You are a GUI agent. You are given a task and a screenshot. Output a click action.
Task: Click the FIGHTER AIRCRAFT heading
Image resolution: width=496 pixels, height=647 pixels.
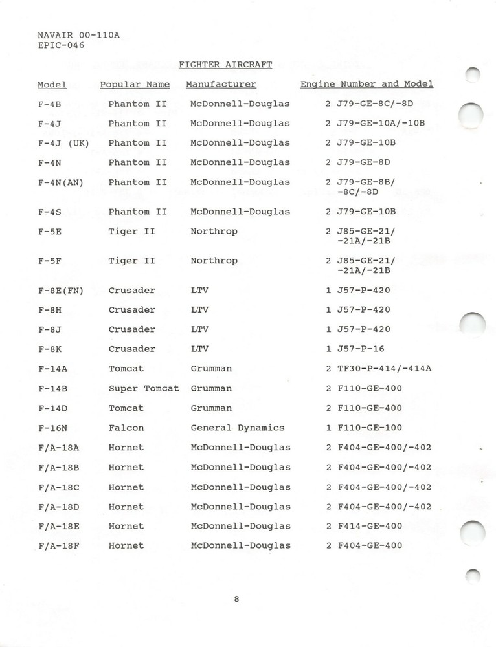click(x=225, y=65)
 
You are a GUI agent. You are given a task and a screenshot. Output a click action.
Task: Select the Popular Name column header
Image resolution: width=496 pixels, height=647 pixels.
click(x=135, y=84)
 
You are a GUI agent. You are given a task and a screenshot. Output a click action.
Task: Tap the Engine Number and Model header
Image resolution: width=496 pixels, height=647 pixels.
click(x=366, y=84)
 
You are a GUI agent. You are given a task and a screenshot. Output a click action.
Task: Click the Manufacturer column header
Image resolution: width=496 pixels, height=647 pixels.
click(x=221, y=84)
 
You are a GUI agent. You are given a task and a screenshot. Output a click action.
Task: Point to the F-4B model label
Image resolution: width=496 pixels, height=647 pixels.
click(x=50, y=104)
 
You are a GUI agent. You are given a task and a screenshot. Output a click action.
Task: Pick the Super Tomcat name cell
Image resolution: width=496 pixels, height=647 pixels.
click(x=143, y=388)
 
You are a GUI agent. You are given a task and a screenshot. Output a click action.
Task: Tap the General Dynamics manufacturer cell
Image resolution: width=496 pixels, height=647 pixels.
click(x=237, y=428)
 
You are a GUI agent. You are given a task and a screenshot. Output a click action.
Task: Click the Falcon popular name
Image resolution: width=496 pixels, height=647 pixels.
click(x=126, y=428)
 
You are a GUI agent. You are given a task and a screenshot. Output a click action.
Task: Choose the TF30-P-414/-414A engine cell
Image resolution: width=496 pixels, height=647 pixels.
click(x=384, y=369)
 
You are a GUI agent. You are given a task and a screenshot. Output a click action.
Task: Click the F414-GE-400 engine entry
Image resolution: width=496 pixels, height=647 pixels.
click(x=369, y=526)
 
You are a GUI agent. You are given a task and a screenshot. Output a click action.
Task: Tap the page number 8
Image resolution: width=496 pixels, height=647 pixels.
click(x=237, y=598)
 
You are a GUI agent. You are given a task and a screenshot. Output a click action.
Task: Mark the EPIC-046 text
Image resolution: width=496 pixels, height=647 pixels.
click(x=61, y=45)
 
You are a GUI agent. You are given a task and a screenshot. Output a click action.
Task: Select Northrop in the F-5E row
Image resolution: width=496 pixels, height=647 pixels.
click(x=214, y=231)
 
